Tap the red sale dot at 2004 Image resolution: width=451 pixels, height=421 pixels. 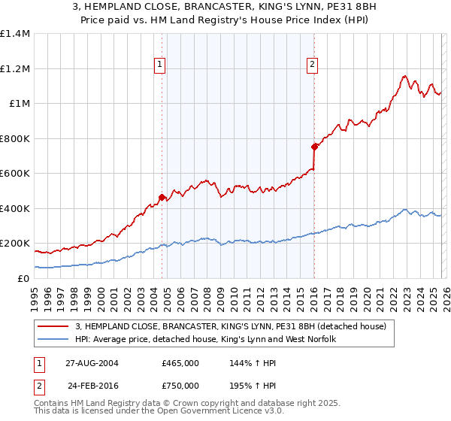(162, 198)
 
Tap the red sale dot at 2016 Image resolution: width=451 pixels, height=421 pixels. (314, 147)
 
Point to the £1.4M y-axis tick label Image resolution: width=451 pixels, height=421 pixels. (15, 34)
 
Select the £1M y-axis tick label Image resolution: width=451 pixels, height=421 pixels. (20, 104)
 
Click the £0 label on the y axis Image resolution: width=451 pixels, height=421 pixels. (24, 278)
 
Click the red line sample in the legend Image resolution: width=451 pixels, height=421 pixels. (54, 326)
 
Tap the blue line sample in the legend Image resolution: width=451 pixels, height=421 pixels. (54, 339)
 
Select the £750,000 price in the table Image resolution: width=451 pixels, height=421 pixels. (180, 385)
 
